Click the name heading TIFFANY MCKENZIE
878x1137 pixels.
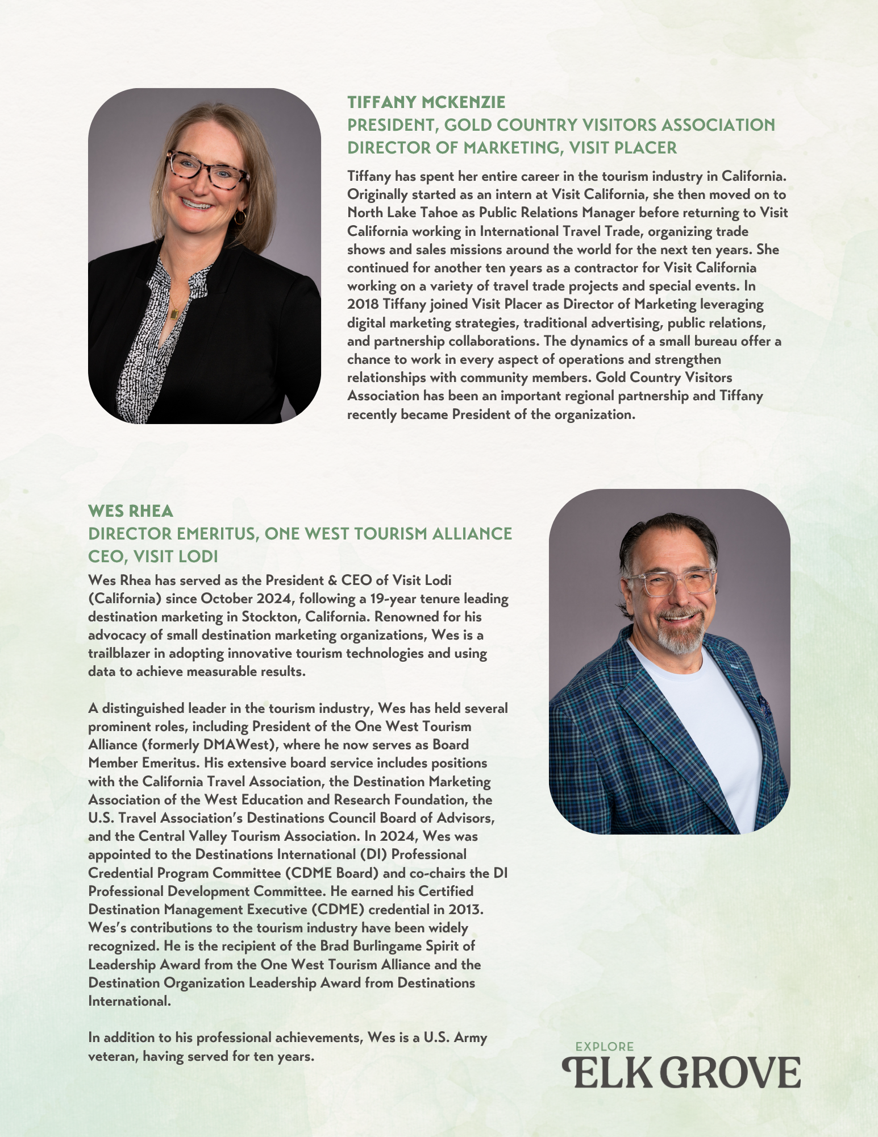click(x=426, y=102)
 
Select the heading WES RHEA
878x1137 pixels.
click(x=130, y=511)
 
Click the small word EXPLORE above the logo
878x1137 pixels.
click(x=604, y=1047)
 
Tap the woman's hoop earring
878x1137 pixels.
click(x=240, y=217)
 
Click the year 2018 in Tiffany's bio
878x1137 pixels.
click(x=363, y=304)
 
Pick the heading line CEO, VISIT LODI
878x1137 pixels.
click(x=153, y=556)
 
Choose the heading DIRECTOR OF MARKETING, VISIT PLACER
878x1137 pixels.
click(x=511, y=148)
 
